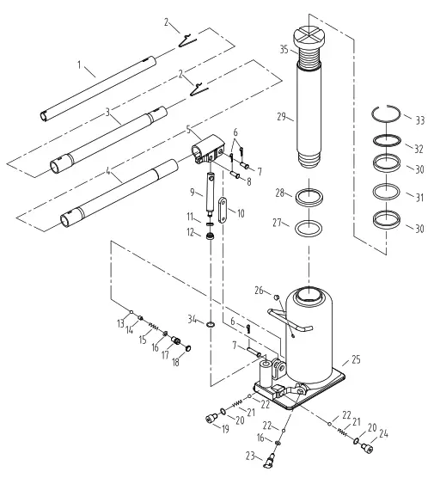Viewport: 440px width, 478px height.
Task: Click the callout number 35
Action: click(x=284, y=50)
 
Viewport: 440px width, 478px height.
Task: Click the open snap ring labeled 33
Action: click(x=388, y=113)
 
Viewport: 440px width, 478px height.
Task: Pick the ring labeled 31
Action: click(x=388, y=190)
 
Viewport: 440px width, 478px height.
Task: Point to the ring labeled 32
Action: click(x=388, y=140)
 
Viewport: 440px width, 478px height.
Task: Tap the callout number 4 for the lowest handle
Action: click(x=107, y=172)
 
